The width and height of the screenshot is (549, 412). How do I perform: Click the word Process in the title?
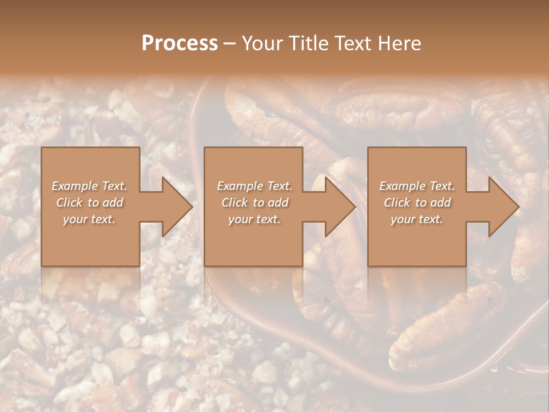click(180, 43)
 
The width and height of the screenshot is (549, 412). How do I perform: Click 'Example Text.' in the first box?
click(90, 186)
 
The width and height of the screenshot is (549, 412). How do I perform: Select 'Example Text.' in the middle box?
click(254, 186)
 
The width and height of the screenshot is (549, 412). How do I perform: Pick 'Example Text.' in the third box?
click(417, 186)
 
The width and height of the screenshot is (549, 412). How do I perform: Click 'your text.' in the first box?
click(90, 219)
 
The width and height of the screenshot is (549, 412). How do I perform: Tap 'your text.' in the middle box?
click(254, 219)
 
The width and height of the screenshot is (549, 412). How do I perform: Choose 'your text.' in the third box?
click(417, 219)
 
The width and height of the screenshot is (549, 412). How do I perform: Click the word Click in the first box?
click(69, 203)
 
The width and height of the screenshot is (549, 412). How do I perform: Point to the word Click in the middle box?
click(234, 203)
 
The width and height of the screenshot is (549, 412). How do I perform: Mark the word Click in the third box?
click(397, 203)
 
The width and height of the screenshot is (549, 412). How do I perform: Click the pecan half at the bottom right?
click(446, 326)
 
